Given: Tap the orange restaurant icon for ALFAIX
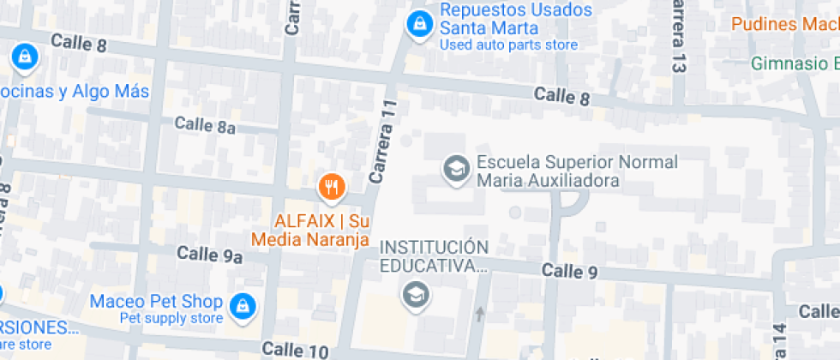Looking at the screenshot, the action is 330,185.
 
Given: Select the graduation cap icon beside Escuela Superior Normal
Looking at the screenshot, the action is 455,169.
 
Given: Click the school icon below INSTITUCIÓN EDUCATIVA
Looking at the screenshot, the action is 417,295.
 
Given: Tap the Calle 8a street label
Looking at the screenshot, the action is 205,125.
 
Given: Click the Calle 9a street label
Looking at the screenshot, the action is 210,255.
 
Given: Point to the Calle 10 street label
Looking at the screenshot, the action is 295,350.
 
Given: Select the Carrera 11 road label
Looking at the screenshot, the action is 383,141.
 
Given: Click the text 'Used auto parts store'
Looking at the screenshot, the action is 508,45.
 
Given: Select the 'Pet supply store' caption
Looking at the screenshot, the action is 171,319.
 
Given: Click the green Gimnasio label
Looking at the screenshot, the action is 794,63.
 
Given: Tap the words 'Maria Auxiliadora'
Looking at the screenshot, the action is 548,181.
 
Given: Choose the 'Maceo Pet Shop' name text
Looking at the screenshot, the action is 156,302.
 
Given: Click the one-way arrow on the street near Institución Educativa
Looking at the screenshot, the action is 479,314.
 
